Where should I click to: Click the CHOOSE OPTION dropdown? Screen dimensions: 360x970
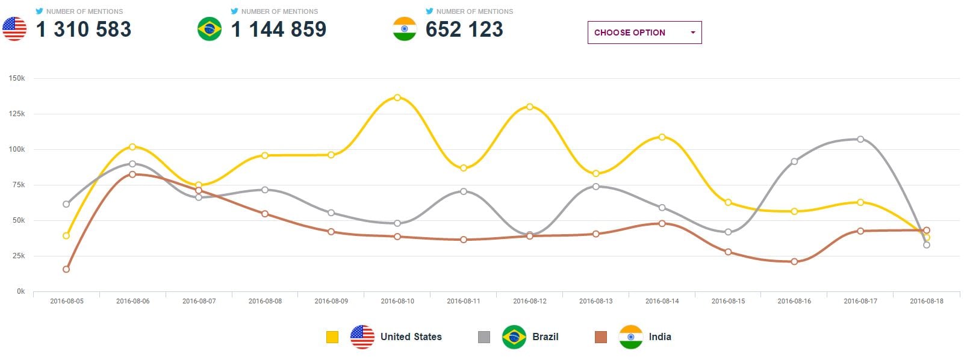(644, 33)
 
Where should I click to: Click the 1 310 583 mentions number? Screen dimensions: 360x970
(84, 29)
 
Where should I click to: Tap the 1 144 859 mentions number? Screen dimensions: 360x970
(279, 29)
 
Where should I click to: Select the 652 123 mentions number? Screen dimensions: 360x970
(464, 29)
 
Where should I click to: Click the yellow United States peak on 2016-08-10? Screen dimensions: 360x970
(397, 98)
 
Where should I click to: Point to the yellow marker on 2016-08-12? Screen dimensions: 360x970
(530, 107)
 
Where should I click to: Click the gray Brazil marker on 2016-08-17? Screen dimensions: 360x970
(860, 139)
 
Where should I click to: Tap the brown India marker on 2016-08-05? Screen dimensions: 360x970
(66, 269)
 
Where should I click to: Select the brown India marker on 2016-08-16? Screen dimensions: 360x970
(794, 261)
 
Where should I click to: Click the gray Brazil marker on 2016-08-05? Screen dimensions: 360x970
(66, 204)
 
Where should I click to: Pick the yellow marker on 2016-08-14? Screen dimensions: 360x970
(662, 137)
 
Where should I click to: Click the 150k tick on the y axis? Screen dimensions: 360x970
(17, 78)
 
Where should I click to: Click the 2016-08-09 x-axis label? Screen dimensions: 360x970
(331, 301)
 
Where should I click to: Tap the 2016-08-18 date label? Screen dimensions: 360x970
(926, 301)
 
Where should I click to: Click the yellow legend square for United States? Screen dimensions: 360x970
(332, 337)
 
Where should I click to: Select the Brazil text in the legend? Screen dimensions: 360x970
(545, 337)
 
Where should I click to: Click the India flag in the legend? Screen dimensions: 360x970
(631, 337)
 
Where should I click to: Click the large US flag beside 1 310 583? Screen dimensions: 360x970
(14, 29)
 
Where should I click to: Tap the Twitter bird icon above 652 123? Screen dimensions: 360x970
(429, 11)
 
